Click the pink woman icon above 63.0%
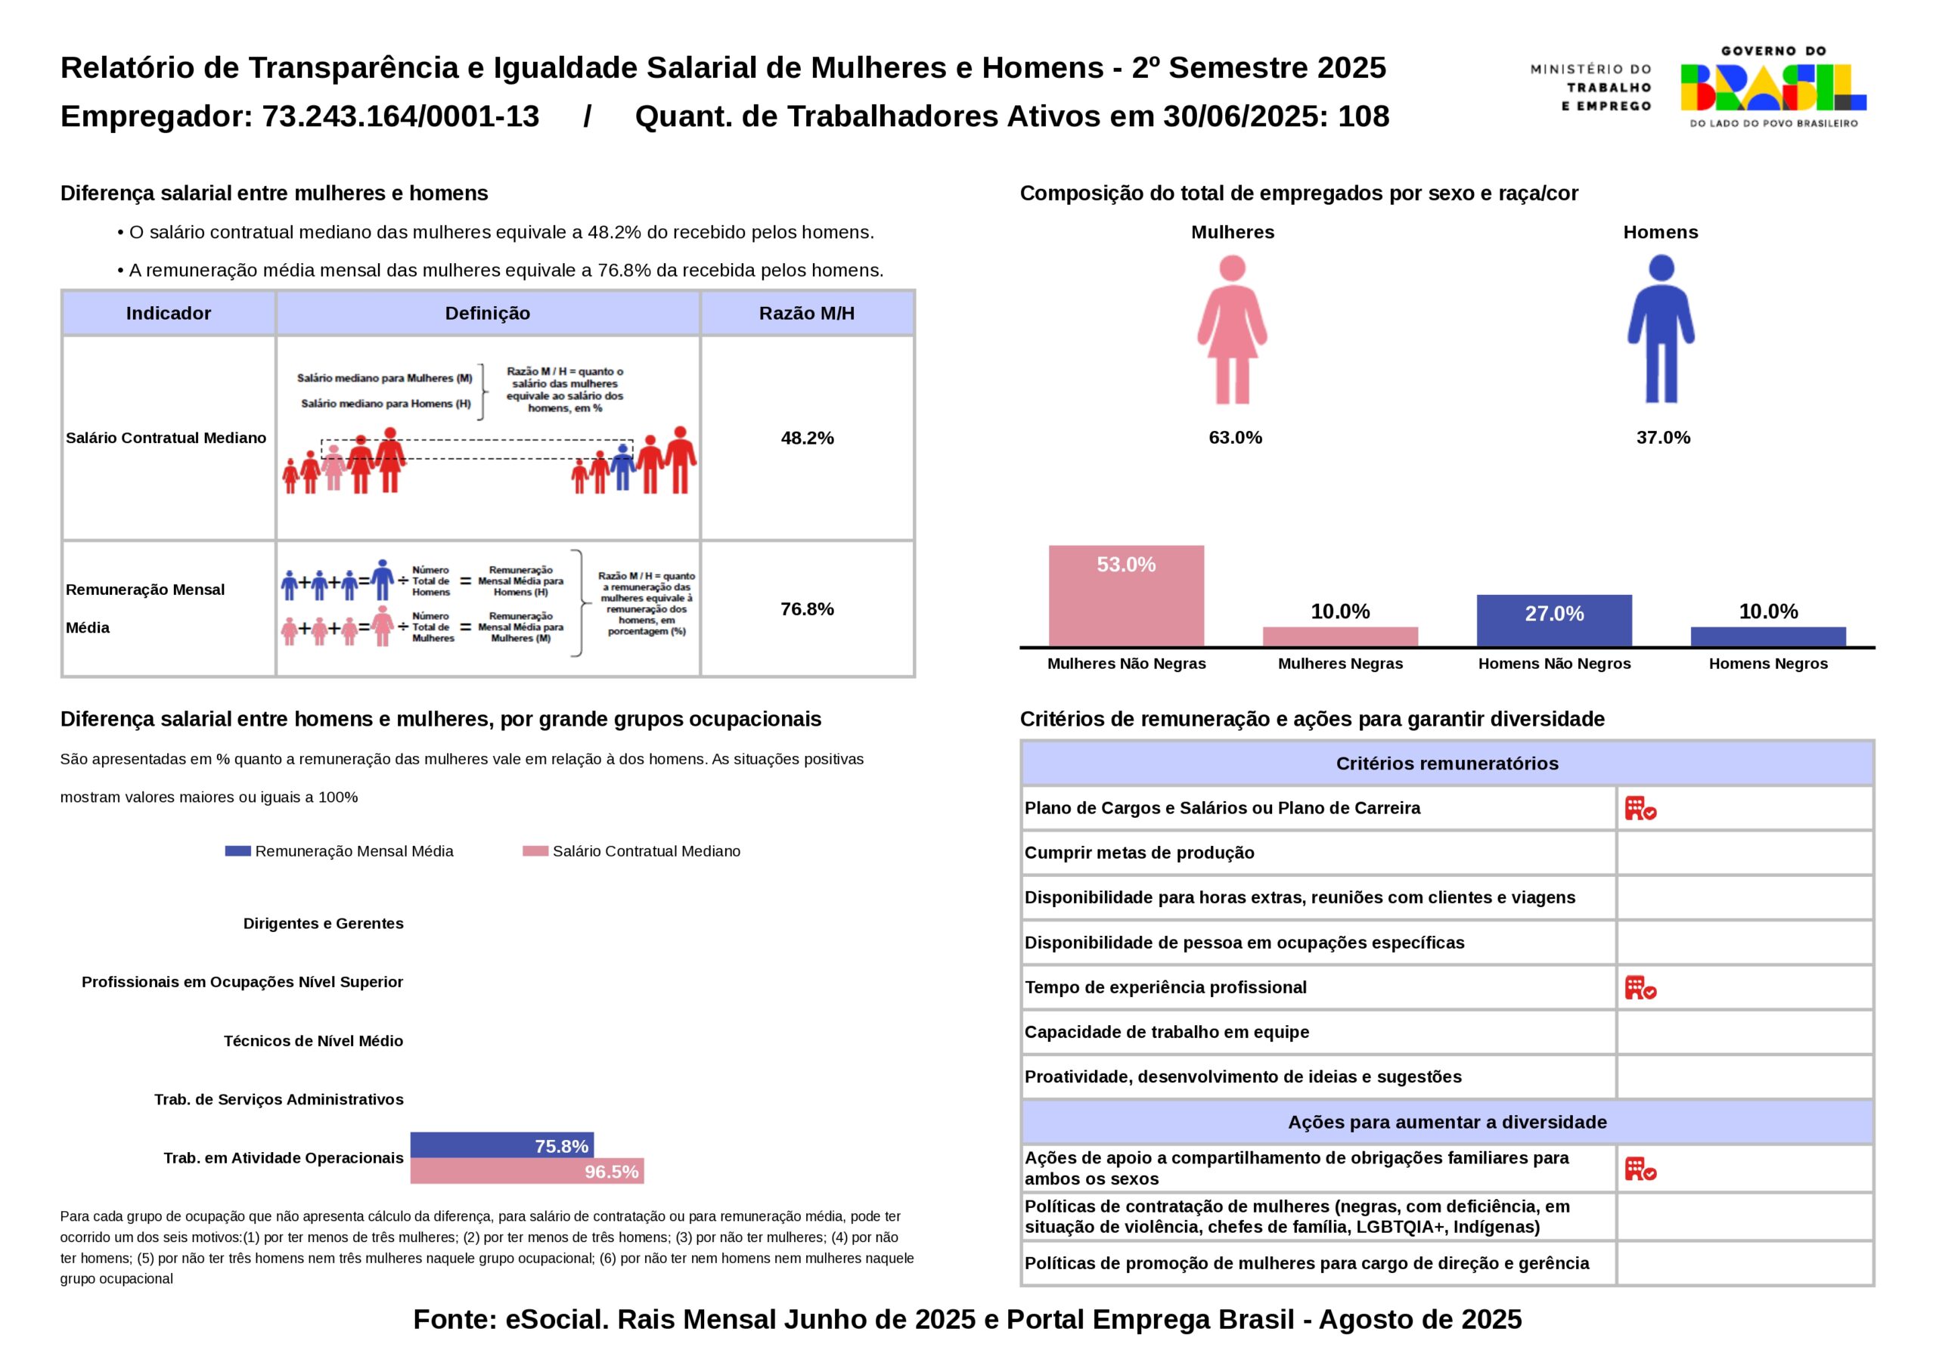[1232, 330]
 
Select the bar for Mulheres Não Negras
[1126, 595]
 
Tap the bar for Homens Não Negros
[1553, 621]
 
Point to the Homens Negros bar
[1767, 636]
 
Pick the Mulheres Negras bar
[1340, 636]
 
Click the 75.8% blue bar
[501, 1144]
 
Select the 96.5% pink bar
[527, 1171]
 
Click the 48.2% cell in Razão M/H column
[807, 438]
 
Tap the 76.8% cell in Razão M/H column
[807, 609]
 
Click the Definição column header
[487, 314]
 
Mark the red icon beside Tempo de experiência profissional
[1640, 988]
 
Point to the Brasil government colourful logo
[1773, 88]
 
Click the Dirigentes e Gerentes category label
[323, 923]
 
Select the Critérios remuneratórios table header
[1447, 763]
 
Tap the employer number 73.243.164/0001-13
[401, 116]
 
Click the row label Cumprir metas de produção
[1139, 853]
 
